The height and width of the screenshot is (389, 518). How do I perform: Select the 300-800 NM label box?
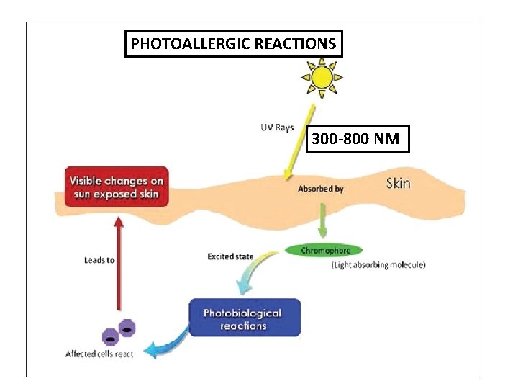pyautogui.click(x=358, y=138)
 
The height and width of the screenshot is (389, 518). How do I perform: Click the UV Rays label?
pyautogui.click(x=277, y=128)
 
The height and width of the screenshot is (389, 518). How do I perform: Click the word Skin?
pyautogui.click(x=398, y=183)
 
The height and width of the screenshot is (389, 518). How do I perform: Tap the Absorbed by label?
pyautogui.click(x=320, y=189)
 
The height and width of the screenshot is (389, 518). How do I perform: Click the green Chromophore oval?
pyautogui.click(x=325, y=251)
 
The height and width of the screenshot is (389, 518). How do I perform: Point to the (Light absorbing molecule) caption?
pyautogui.click(x=378, y=265)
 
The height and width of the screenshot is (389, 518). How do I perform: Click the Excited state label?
pyautogui.click(x=230, y=256)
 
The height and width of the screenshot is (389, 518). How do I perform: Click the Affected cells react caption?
pyautogui.click(x=99, y=354)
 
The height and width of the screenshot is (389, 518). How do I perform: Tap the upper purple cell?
pyautogui.click(x=127, y=328)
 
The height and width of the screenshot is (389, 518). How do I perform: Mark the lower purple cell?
pyautogui.click(x=110, y=337)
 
